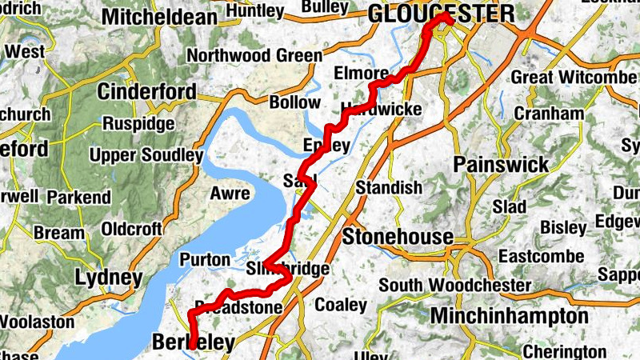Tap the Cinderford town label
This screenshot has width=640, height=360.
[x=146, y=92]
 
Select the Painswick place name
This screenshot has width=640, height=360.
[x=501, y=165]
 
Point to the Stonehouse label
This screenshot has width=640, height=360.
[x=398, y=237]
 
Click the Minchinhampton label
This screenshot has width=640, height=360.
[x=510, y=315]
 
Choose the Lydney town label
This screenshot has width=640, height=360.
[x=109, y=278]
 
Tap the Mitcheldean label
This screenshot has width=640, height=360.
[x=160, y=16]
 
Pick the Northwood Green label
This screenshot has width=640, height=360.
[x=254, y=56]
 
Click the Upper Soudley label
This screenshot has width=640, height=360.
[x=146, y=155]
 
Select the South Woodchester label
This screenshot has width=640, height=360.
[x=455, y=286]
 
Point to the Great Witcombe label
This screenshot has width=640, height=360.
[x=574, y=78]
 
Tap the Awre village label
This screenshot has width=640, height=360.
[x=230, y=193]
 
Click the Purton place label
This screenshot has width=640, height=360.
[x=206, y=260]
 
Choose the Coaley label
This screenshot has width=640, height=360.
[x=341, y=305]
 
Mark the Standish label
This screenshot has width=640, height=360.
[x=389, y=188]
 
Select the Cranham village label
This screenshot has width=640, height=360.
[x=549, y=114]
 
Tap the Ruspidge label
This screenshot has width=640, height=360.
[x=138, y=124]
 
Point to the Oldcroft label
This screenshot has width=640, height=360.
[x=130, y=230]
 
